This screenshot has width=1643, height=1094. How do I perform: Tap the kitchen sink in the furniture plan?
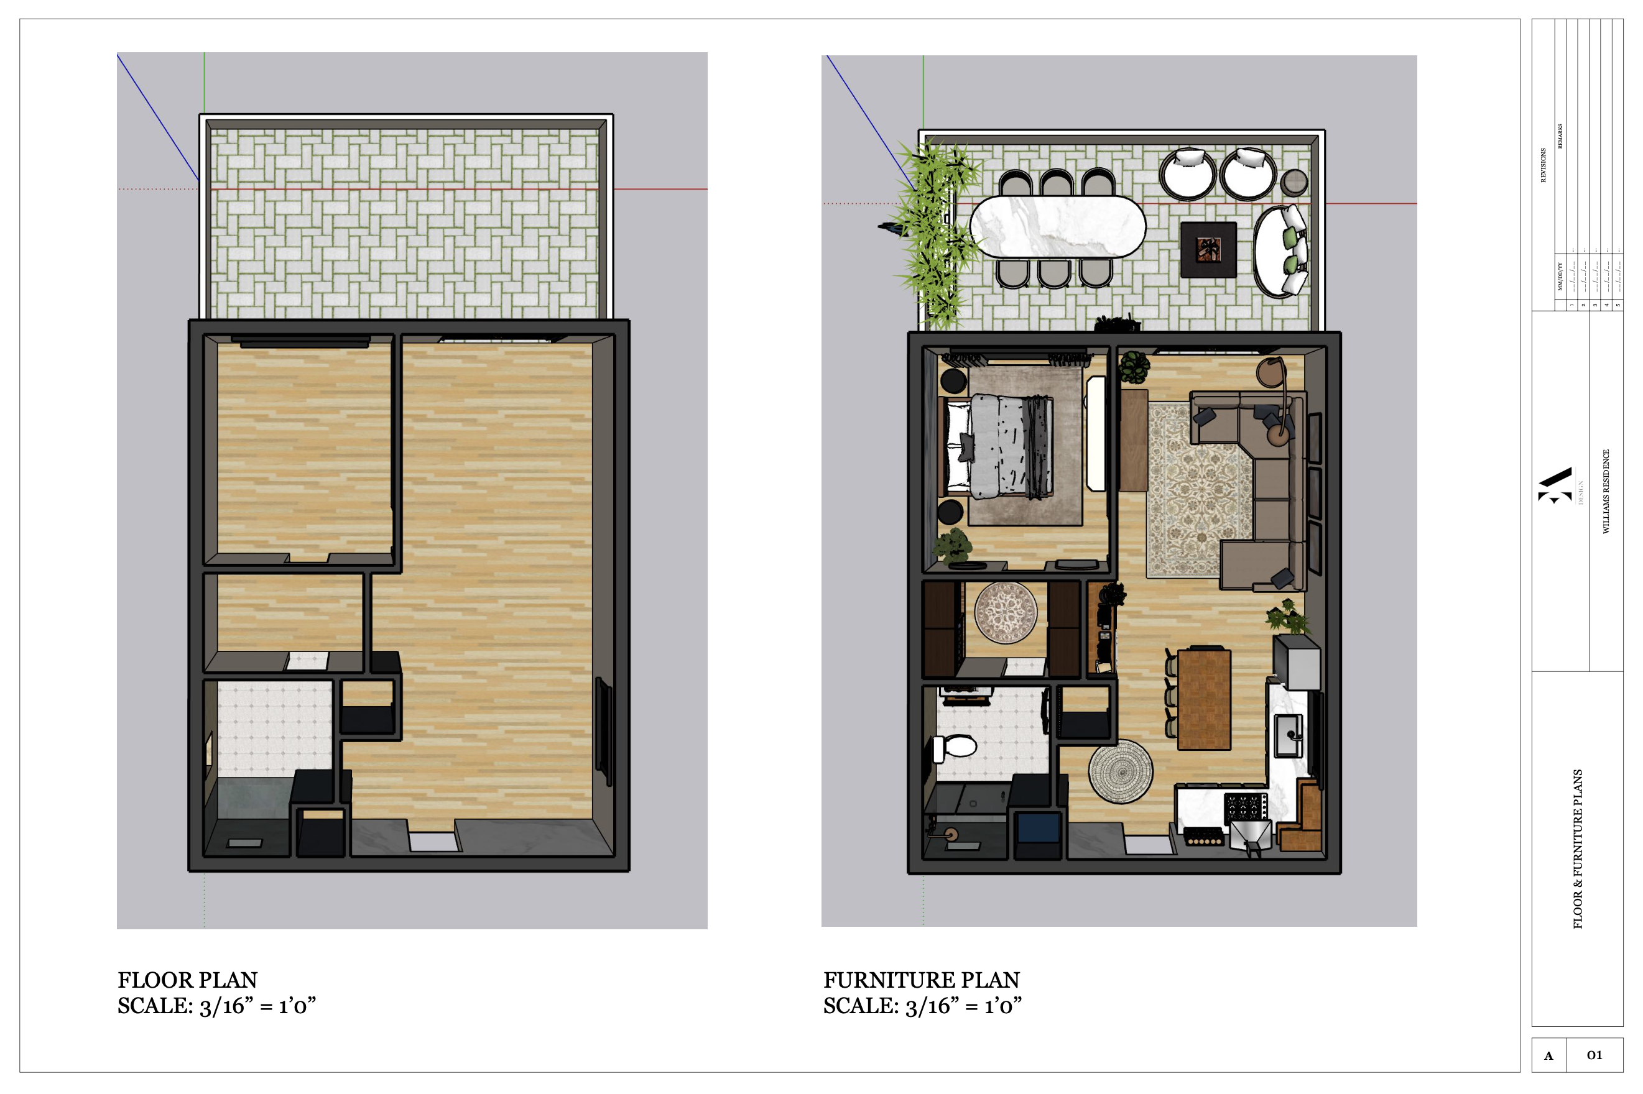(1289, 735)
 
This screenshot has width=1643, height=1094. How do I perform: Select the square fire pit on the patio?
(1208, 249)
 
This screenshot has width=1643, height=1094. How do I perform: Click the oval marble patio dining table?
(1057, 226)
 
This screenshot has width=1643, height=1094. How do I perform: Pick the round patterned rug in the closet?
(1005, 612)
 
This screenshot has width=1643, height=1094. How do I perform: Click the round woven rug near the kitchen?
(1120, 771)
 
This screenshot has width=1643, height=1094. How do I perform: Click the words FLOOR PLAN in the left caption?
(187, 980)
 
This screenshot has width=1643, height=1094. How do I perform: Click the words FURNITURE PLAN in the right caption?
(921, 980)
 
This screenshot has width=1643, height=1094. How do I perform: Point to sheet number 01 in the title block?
(1594, 1055)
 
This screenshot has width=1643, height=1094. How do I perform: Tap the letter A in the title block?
(1548, 1055)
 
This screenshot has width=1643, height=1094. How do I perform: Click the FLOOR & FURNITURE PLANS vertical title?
(1577, 848)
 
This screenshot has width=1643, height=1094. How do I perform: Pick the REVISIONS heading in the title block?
(1543, 165)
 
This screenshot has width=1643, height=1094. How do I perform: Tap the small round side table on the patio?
(1294, 182)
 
